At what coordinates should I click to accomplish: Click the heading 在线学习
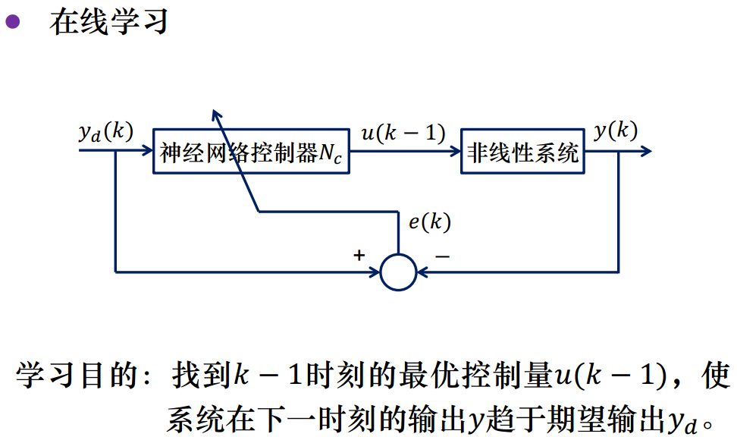[x=108, y=21]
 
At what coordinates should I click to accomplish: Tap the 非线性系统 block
[x=522, y=152]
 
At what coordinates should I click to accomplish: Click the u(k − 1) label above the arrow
[x=403, y=133]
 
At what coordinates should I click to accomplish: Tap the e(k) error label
[x=429, y=222]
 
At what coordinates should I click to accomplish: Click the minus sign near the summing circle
[x=441, y=256]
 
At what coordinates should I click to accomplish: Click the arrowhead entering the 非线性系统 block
[x=455, y=151]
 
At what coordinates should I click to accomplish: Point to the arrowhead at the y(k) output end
[x=645, y=151]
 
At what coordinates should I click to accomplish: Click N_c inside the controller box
[x=331, y=154]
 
